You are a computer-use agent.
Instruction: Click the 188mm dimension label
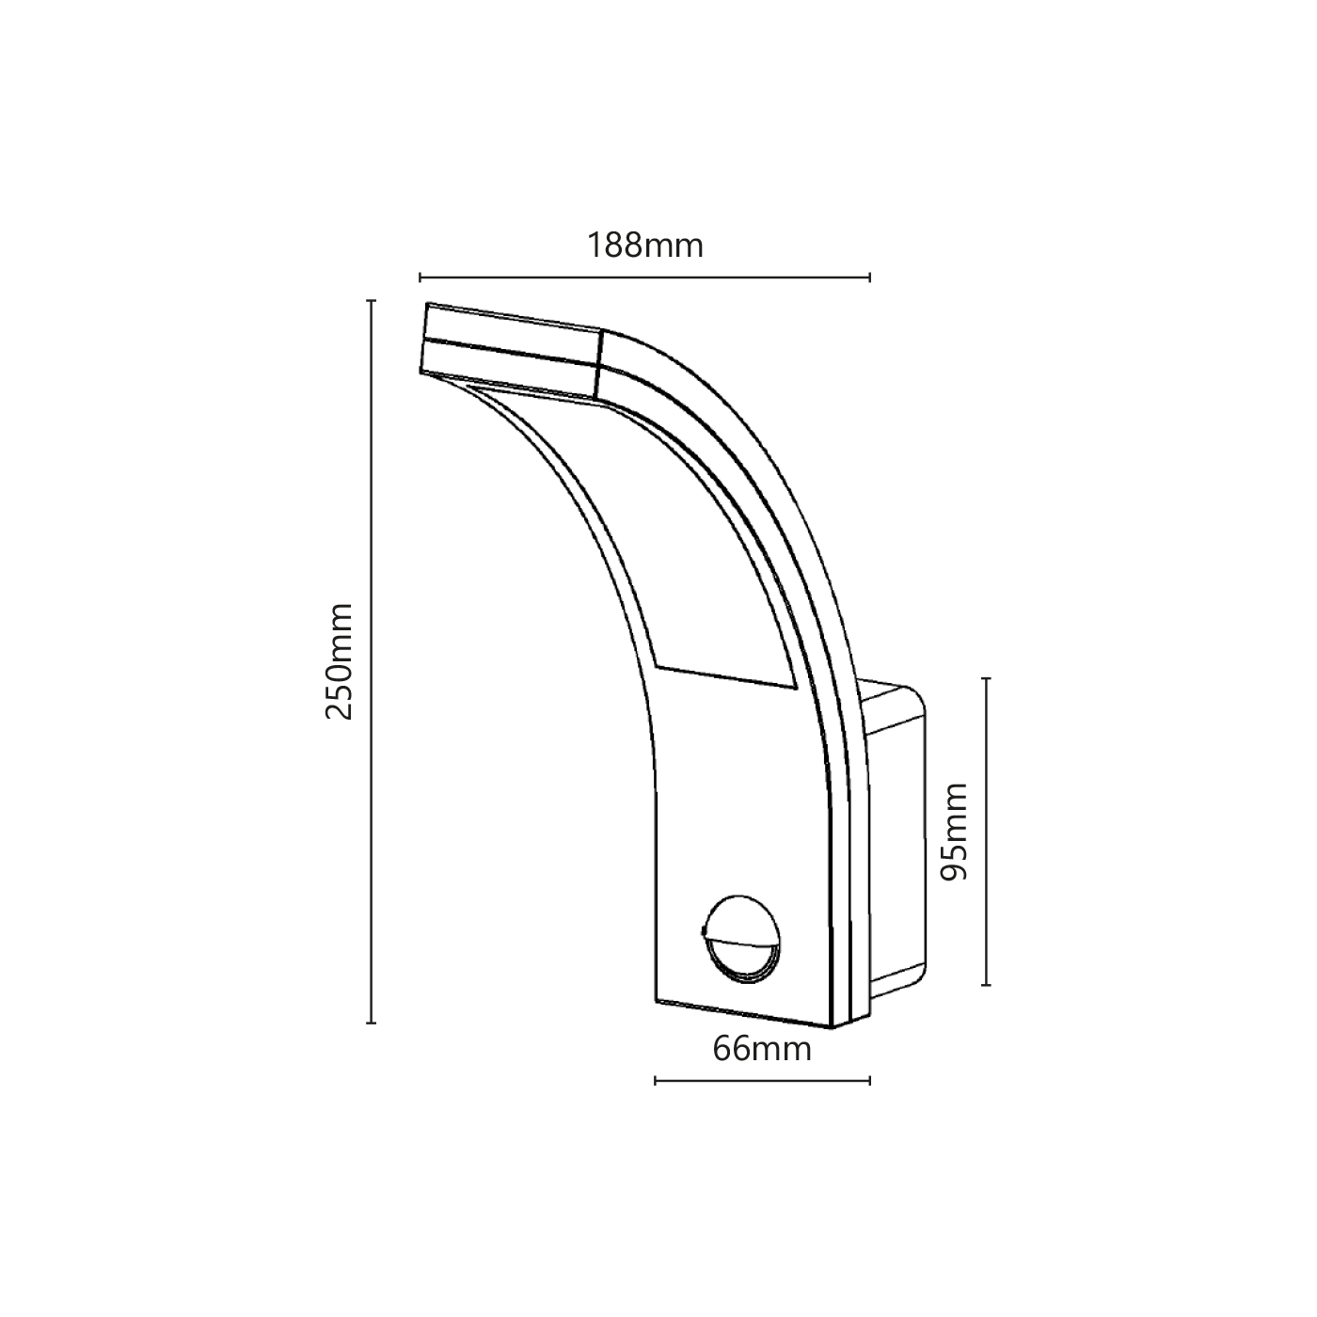645,246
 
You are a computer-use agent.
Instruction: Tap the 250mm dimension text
340,661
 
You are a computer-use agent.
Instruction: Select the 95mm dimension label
954,841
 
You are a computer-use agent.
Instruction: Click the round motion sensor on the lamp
740,939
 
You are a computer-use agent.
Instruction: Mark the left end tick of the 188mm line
420,277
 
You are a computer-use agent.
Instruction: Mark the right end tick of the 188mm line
869,277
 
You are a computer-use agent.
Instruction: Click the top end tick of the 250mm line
371,301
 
